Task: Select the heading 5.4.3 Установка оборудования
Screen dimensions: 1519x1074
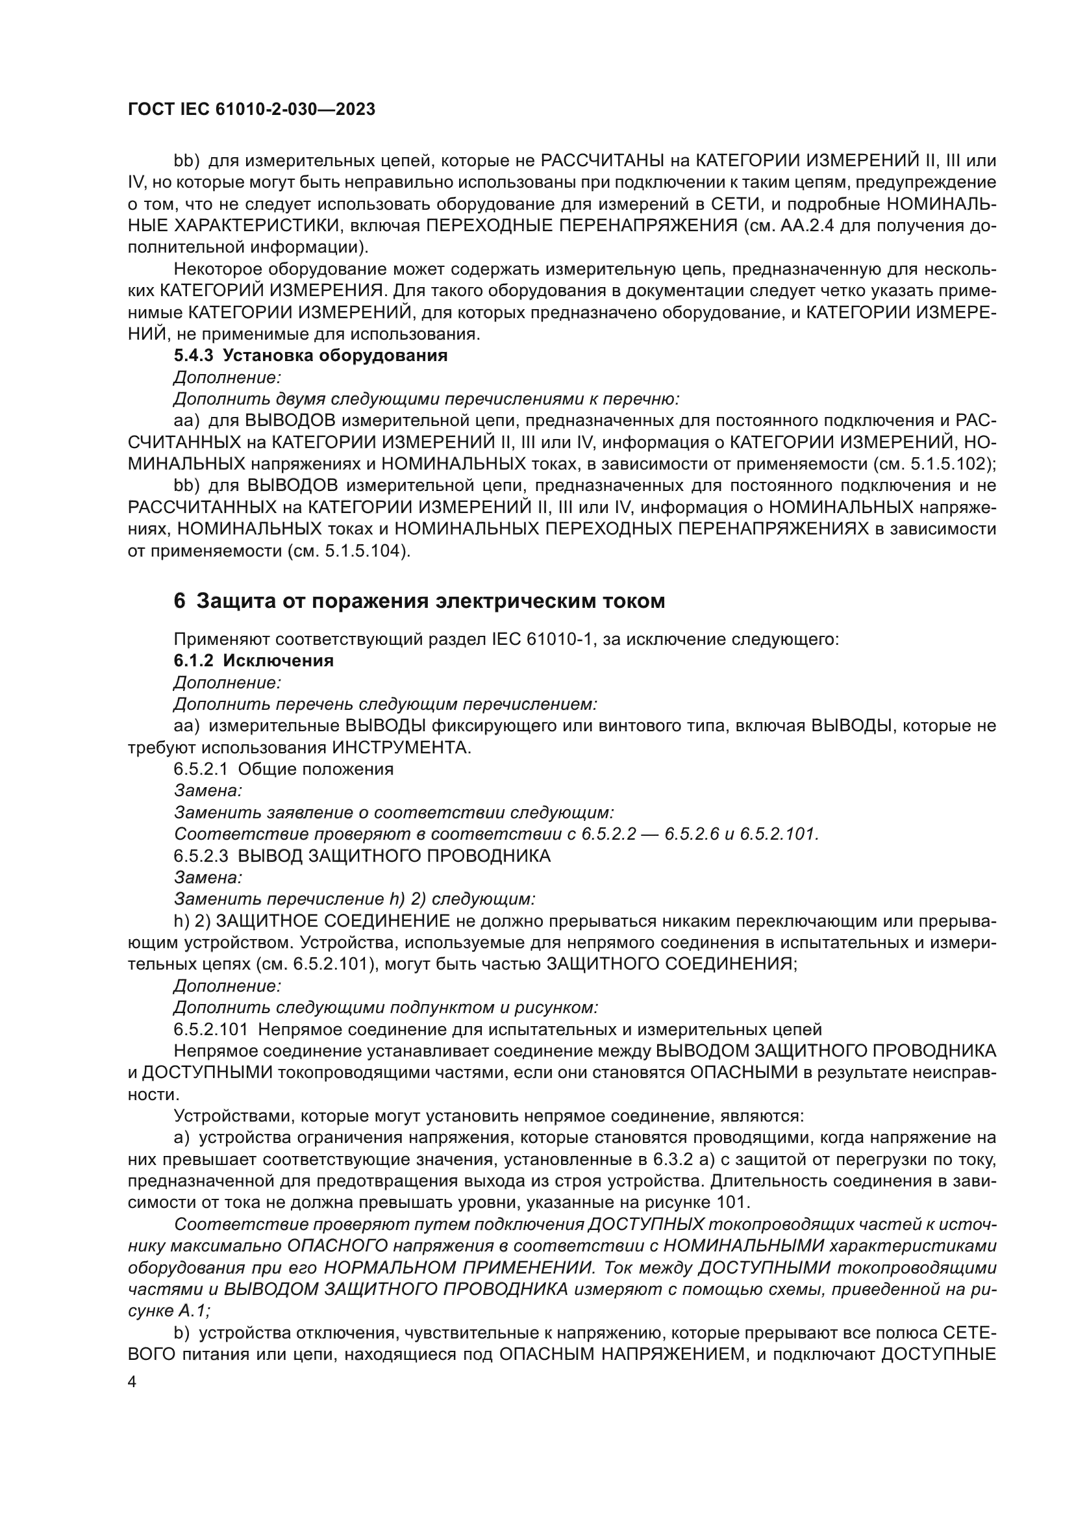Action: tap(311, 355)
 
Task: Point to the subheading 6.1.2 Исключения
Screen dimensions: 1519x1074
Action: tap(253, 660)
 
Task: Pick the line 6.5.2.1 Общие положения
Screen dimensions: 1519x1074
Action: tap(283, 769)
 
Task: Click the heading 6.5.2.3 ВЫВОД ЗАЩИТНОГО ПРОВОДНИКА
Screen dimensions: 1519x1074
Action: tap(362, 855)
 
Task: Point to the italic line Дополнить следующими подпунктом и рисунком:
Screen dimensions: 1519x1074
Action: tap(386, 1008)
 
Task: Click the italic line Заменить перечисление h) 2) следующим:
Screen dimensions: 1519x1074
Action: tap(354, 899)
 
